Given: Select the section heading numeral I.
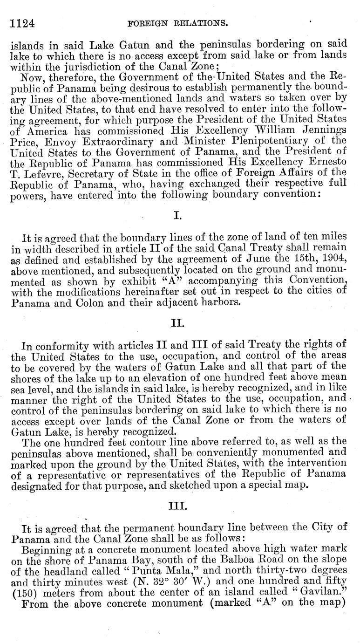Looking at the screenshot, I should coord(177,215).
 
